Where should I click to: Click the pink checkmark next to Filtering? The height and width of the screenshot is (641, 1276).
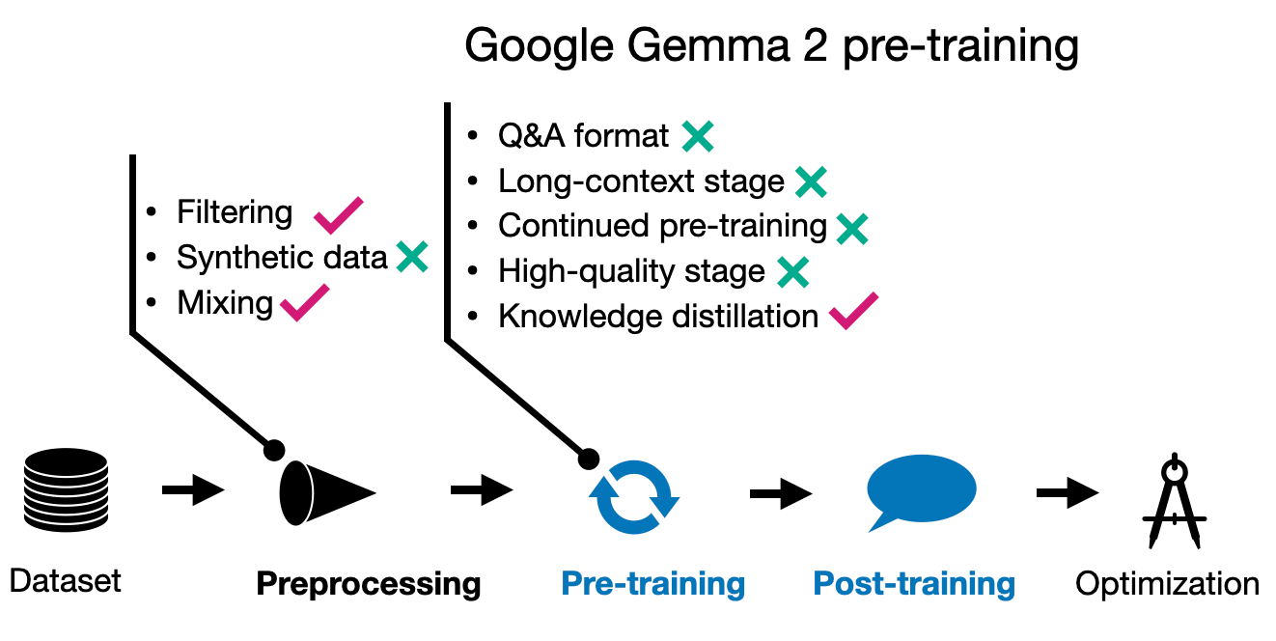pyautogui.click(x=338, y=214)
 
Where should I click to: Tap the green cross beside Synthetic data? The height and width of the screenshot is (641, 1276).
pyautogui.click(x=412, y=257)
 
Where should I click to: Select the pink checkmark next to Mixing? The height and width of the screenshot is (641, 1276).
pyautogui.click(x=304, y=304)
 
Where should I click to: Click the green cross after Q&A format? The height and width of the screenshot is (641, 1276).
pyautogui.click(x=697, y=136)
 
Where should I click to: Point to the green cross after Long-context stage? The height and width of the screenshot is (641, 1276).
pyautogui.click(x=811, y=181)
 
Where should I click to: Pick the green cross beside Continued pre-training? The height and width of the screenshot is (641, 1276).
pyautogui.click(x=852, y=227)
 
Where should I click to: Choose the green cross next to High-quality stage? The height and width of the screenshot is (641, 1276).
pyautogui.click(x=792, y=272)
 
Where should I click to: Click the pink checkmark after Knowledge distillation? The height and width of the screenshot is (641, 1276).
pyautogui.click(x=853, y=311)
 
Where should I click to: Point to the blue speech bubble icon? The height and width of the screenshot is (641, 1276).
pyautogui.click(x=921, y=490)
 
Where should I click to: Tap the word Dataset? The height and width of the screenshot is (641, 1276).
pyautogui.click(x=66, y=581)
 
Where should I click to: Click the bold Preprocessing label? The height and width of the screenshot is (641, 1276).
pyautogui.click(x=368, y=583)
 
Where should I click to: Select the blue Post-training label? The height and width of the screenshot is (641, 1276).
pyautogui.click(x=914, y=583)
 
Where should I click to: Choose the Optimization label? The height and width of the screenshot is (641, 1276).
pyautogui.click(x=1167, y=583)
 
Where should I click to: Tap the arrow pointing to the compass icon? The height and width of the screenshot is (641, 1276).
pyautogui.click(x=1067, y=493)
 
